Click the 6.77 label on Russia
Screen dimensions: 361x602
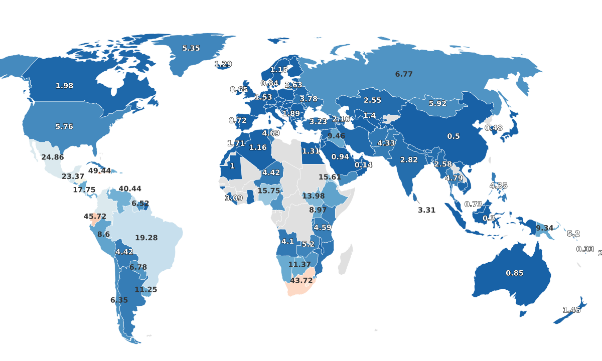click(x=404, y=74)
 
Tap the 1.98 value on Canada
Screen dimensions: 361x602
click(x=64, y=86)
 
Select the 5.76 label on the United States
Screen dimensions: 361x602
click(x=64, y=127)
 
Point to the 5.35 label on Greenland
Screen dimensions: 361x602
click(x=191, y=48)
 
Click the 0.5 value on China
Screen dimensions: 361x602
click(x=454, y=136)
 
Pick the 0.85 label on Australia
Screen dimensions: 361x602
click(x=514, y=273)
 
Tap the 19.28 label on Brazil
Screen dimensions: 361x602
click(x=146, y=238)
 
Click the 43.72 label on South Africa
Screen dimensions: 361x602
click(x=301, y=280)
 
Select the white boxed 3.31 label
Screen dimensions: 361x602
click(x=427, y=210)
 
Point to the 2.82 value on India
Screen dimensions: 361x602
click(x=409, y=160)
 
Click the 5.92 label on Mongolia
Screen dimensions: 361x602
click(x=437, y=104)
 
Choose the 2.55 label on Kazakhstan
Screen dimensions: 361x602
click(x=373, y=100)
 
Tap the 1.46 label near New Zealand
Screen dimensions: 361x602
click(x=571, y=310)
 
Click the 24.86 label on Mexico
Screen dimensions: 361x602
click(x=52, y=157)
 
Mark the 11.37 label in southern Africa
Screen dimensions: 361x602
click(x=299, y=264)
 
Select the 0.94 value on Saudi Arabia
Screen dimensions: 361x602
click(x=340, y=156)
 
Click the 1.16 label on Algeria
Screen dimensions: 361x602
click(x=258, y=147)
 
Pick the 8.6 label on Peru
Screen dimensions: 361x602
click(x=103, y=234)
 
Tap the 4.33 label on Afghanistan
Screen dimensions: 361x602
click(x=386, y=143)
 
